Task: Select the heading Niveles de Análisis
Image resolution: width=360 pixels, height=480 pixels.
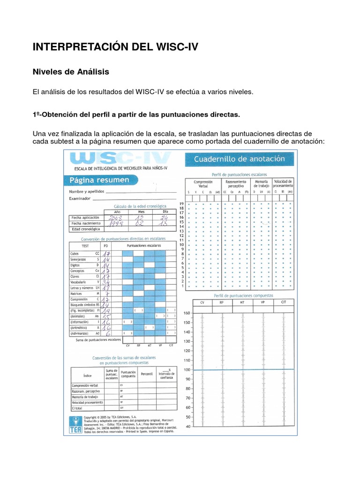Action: (x=70, y=72)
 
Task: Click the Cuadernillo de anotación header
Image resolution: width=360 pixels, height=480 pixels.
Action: (x=241, y=159)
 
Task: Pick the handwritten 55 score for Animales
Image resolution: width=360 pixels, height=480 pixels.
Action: (x=107, y=316)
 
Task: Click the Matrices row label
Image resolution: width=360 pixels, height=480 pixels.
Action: (x=76, y=293)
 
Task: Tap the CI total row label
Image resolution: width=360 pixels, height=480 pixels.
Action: (x=77, y=408)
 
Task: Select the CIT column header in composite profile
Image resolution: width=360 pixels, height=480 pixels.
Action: (x=284, y=303)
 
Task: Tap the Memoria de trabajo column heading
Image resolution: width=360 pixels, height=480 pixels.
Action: (x=262, y=184)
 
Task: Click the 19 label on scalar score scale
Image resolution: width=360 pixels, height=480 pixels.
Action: (x=181, y=203)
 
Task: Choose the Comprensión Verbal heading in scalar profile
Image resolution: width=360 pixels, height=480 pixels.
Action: (x=203, y=184)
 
